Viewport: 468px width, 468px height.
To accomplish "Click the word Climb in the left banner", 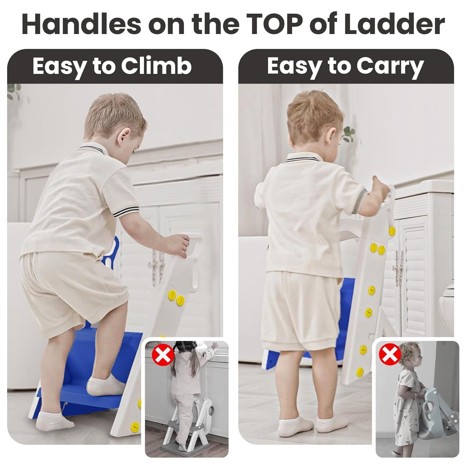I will [x=156, y=66].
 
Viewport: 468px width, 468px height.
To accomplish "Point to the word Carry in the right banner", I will [x=390, y=66].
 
